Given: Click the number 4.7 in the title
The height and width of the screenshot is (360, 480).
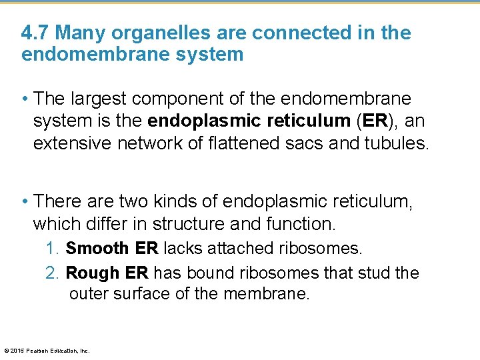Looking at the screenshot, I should (34, 33).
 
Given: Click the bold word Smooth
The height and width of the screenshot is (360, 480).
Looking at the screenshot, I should (97, 249).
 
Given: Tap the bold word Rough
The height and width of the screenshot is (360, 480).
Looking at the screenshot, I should (92, 273).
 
